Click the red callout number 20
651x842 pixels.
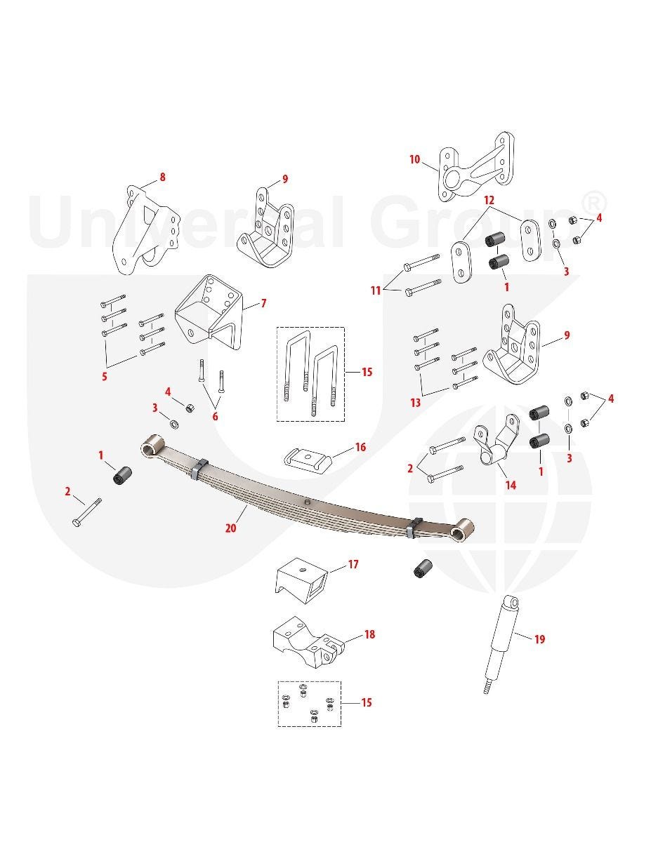(231, 528)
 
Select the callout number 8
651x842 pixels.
(162, 177)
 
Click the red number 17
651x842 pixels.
(353, 564)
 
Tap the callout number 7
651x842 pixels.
(263, 303)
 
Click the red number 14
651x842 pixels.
(511, 485)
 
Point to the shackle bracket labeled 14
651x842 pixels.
(497, 440)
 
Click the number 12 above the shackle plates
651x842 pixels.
(489, 201)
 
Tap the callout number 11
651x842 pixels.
(376, 290)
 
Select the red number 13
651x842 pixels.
(415, 403)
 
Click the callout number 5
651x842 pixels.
(105, 376)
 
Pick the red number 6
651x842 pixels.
(215, 417)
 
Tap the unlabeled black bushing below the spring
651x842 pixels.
(422, 568)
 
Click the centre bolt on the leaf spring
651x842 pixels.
(307, 502)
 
